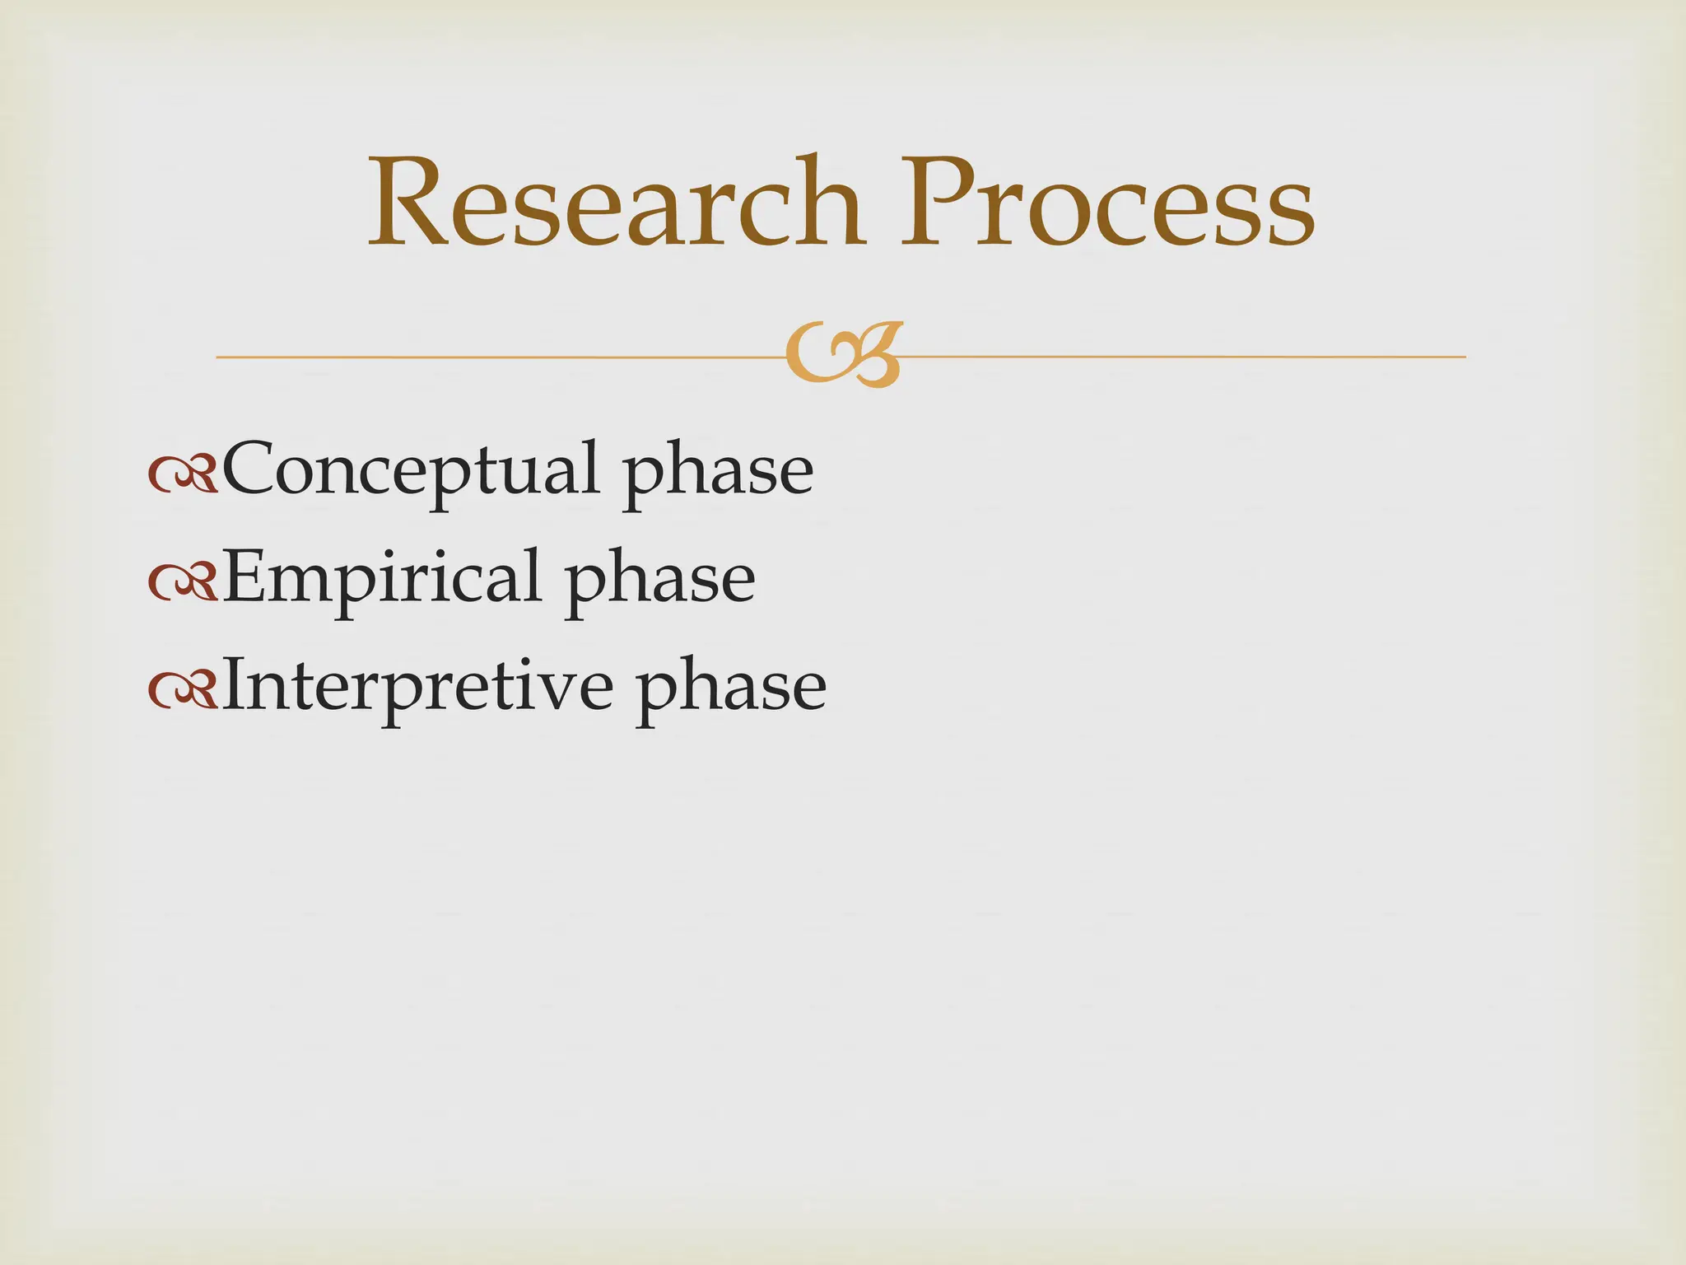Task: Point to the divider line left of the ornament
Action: pyautogui.click(x=494, y=357)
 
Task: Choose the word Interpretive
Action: pyautogui.click(x=417, y=687)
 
